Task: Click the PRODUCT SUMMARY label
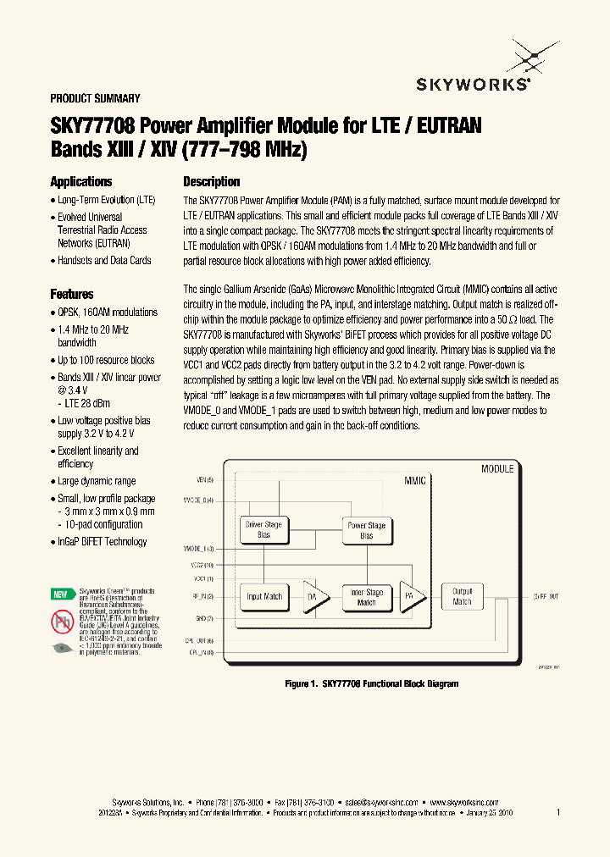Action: tap(95, 98)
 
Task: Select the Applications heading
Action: tap(81, 181)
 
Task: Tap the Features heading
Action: tap(72, 294)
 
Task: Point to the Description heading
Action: tap(212, 181)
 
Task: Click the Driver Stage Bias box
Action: tap(263, 530)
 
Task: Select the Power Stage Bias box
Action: tap(367, 530)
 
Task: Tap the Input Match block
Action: tap(263, 596)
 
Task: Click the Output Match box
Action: tap(462, 596)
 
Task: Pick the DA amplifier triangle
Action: tap(313, 596)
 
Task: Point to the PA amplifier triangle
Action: tap(412, 596)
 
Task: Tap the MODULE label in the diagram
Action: tap(497, 468)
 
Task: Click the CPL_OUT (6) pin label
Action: tap(200, 640)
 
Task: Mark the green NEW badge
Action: tap(60, 594)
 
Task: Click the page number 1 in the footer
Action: tap(558, 812)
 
